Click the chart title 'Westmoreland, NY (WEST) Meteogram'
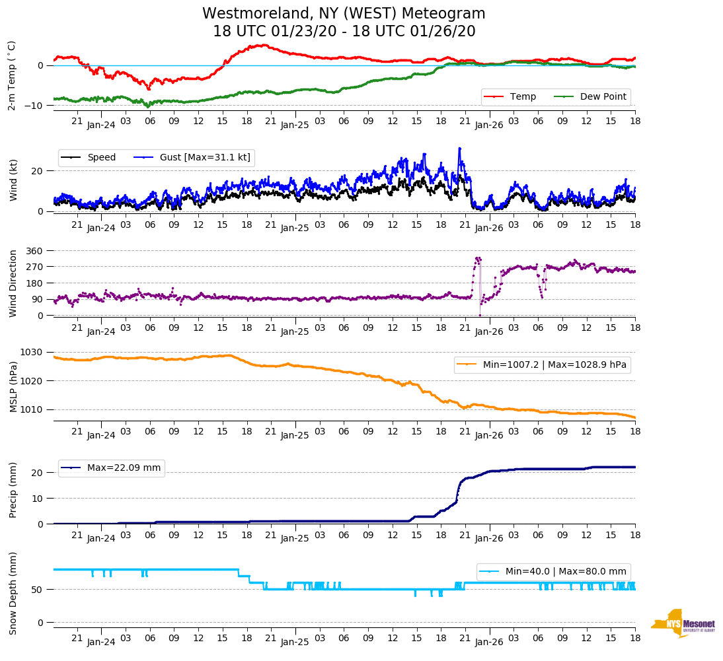(x=344, y=14)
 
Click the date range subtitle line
(x=344, y=31)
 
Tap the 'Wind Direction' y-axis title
(x=13, y=283)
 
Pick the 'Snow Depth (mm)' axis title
(x=13, y=593)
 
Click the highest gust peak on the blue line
(x=459, y=149)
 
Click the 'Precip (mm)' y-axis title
(x=13, y=489)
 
